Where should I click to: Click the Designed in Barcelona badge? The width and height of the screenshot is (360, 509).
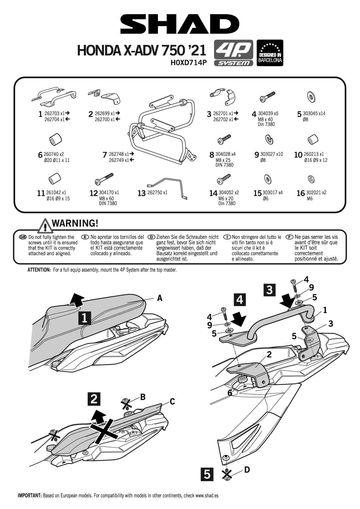pyautogui.click(x=270, y=53)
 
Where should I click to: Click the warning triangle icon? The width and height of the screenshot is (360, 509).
pyautogui.click(x=46, y=225)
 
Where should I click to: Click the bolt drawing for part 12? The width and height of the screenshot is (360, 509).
pyautogui.click(x=104, y=178)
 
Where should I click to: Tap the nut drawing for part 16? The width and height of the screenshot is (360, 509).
pyautogui.click(x=310, y=179)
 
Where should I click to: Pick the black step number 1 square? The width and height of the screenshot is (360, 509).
pyautogui.click(x=84, y=318)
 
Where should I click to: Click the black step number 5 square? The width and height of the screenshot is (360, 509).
pyautogui.click(x=207, y=474)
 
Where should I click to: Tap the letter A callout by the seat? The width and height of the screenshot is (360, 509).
pyautogui.click(x=159, y=298)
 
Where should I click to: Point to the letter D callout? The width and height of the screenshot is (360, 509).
pyautogui.click(x=247, y=469)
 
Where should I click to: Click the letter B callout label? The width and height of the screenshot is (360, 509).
pyautogui.click(x=143, y=397)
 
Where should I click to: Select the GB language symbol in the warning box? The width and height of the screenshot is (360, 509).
pyautogui.click(x=23, y=237)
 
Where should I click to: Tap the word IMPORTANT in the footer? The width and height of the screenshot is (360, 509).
pyautogui.click(x=30, y=495)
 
